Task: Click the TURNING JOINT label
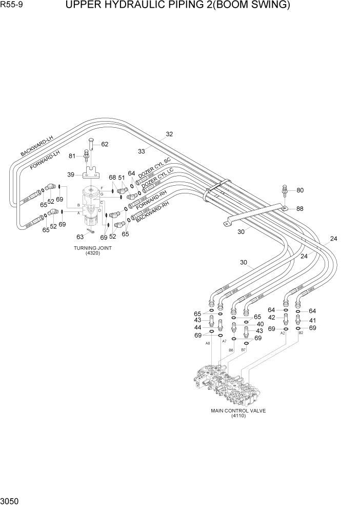[93, 248]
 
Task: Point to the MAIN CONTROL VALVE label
[238, 410]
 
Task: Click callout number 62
[105, 144]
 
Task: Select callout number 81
[72, 156]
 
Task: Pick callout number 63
[80, 237]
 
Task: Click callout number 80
[300, 190]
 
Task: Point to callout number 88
[300, 208]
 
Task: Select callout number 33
[142, 151]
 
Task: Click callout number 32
[169, 134]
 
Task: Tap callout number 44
[197, 327]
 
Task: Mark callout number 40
[260, 324]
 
